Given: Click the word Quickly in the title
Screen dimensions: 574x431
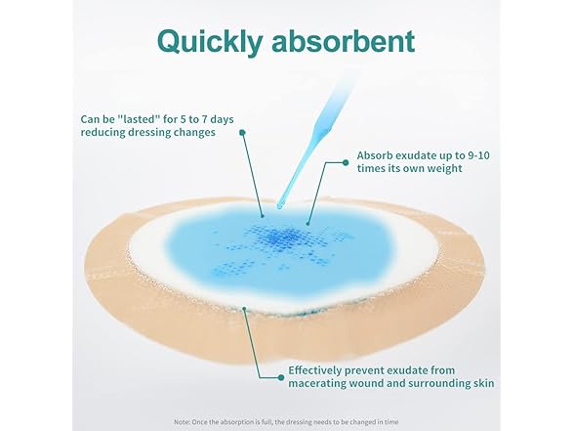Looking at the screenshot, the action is tap(210, 42).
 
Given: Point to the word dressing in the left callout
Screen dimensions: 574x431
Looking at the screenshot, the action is tap(152, 132).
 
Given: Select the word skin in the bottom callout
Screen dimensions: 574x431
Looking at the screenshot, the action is tap(483, 383).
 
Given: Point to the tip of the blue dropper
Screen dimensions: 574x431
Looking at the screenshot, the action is tap(280, 207).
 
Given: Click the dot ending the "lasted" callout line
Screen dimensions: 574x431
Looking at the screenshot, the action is tap(242, 132).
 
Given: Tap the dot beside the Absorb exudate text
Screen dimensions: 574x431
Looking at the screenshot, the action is tap(346, 162).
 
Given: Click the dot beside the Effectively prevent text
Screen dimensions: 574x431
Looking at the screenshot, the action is tap(281, 377).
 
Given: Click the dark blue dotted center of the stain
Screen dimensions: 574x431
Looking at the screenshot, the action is tap(281, 238).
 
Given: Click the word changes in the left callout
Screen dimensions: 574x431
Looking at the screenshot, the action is tap(197, 132).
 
